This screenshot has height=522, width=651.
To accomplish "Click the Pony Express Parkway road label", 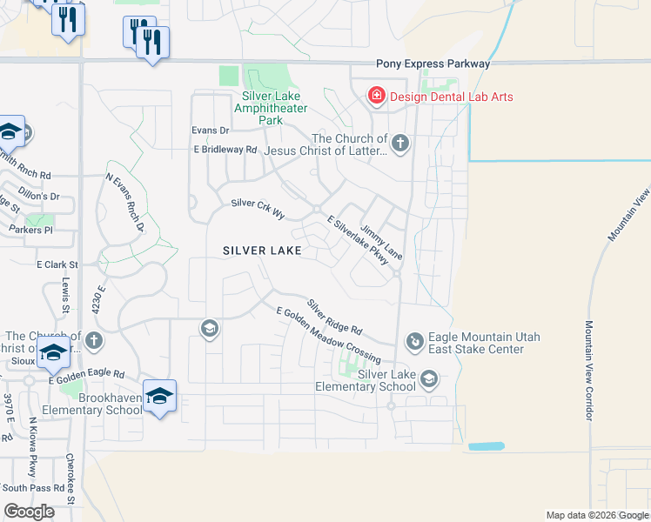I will [433, 64].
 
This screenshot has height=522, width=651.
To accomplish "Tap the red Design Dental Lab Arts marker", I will [377, 96].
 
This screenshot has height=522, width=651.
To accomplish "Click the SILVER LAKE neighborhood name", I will [262, 251].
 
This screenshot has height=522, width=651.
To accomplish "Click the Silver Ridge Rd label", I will [333, 318].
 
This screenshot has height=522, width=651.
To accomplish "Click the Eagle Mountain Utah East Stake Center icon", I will [415, 341].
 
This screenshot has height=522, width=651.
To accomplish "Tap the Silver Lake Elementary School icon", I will [428, 378].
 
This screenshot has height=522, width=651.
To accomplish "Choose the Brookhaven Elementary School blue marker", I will [160, 397].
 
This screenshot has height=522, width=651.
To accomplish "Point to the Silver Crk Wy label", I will [258, 208].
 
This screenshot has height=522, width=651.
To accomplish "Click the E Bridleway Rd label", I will [225, 150].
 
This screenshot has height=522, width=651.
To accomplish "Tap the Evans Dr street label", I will [210, 130].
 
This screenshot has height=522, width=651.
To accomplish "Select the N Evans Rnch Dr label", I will [124, 201].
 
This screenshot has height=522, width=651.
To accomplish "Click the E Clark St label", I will [57, 264].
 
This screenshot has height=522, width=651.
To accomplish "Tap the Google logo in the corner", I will [29, 512].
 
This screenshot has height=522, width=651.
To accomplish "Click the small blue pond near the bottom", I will [486, 446].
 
